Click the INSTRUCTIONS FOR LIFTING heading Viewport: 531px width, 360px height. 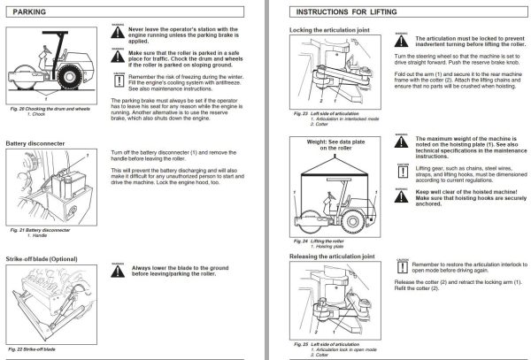pyautogui.click(x=345, y=12)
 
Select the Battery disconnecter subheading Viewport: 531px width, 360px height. pyautogui.click(x=40, y=142)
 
